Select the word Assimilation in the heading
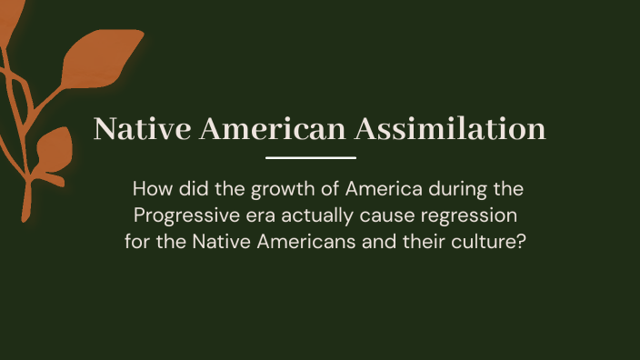(451, 128)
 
